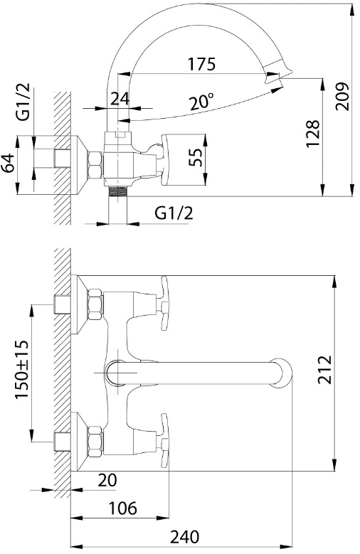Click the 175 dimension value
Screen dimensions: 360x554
201,64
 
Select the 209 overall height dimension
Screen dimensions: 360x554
342,97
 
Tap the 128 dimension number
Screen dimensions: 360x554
312,133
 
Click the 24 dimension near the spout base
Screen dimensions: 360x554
120,99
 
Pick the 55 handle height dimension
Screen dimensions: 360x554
195,157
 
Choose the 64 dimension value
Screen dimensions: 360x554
8,163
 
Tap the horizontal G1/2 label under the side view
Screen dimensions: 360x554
174,213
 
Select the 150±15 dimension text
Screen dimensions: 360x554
21,369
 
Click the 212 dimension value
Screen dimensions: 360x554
324,370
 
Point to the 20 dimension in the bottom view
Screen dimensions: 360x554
107,480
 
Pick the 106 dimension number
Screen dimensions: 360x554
122,508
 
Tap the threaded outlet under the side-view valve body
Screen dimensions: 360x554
117,191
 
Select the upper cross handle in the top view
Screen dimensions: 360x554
162,304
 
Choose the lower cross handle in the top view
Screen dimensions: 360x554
162,441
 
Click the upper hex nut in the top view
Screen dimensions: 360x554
95,304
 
